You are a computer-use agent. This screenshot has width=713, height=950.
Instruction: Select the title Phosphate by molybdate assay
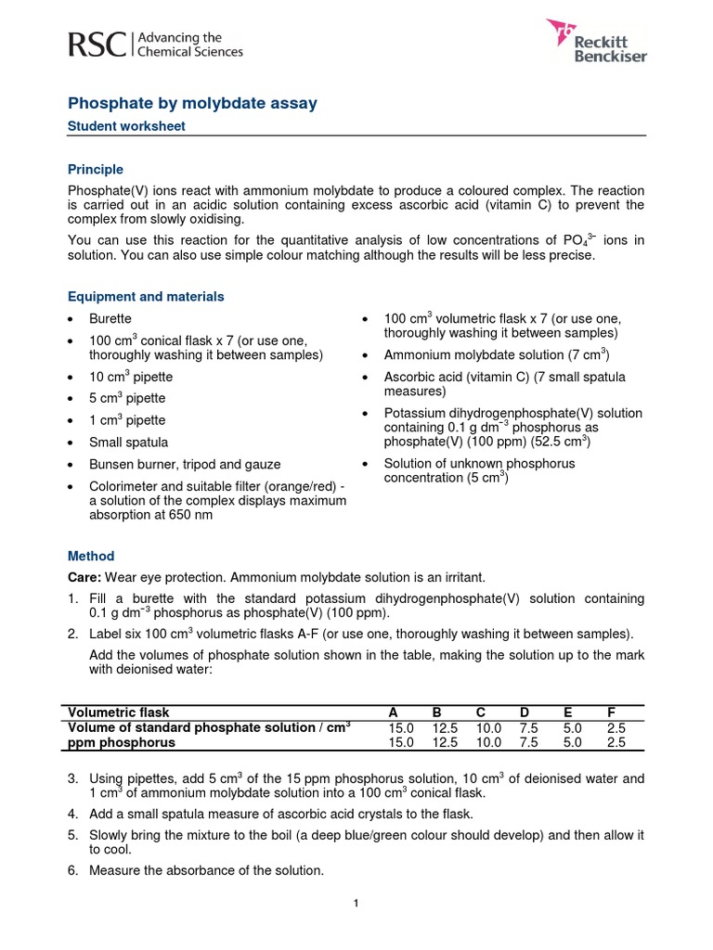193,104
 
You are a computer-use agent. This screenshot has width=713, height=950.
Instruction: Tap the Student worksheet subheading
127,126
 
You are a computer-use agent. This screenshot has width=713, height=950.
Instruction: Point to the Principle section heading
96,170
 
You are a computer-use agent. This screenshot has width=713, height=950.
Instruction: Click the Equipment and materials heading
146,297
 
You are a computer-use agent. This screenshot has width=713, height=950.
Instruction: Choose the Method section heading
91,556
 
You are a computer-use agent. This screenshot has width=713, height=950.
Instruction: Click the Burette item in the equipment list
110,319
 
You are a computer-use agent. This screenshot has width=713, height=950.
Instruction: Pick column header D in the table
525,712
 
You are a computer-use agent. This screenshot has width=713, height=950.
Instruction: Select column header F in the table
612,712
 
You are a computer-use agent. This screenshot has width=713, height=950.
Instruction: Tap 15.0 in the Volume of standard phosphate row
401,727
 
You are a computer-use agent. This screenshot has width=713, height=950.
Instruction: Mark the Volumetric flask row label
118,712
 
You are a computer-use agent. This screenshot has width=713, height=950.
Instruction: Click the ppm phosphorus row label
121,742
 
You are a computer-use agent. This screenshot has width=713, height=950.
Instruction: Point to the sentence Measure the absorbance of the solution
206,870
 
